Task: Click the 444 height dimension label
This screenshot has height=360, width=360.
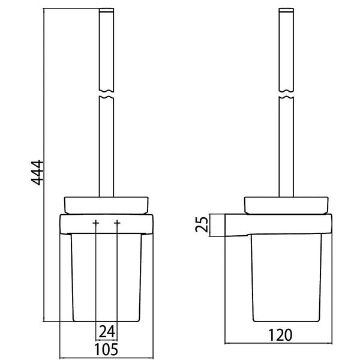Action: click(37, 173)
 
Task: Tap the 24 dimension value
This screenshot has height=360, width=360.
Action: click(107, 332)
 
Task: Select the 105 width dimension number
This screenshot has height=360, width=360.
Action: click(106, 349)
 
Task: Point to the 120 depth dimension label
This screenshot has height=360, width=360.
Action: click(280, 335)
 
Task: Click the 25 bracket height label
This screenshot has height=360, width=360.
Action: click(202, 224)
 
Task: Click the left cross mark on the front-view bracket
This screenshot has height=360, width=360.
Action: click(96, 223)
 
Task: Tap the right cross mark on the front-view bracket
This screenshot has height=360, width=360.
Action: click(117, 223)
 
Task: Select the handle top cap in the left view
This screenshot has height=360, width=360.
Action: click(106, 10)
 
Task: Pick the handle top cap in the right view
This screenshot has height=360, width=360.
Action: click(286, 10)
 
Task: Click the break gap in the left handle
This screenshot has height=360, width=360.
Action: click(106, 94)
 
